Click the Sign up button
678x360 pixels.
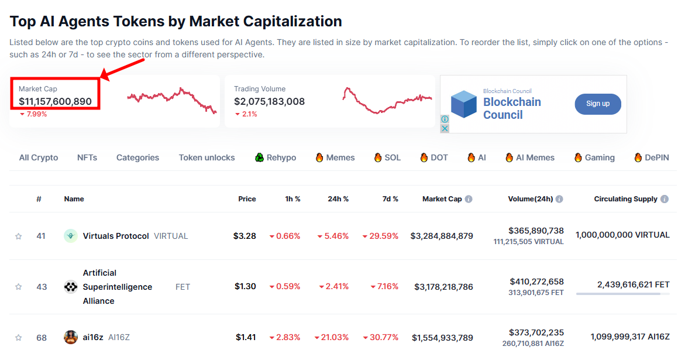(597, 104)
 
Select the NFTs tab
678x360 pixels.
(87, 157)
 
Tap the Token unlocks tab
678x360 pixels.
(207, 157)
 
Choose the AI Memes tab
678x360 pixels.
(535, 157)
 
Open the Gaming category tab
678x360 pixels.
(600, 157)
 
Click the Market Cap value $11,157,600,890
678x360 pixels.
(55, 101)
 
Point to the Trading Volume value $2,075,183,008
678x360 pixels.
(269, 101)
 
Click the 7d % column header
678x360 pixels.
(391, 199)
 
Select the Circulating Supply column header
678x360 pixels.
(625, 199)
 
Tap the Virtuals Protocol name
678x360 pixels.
(116, 236)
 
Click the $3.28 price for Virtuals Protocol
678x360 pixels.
(245, 236)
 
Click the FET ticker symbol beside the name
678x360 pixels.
(183, 287)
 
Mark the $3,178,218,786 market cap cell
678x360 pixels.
(443, 287)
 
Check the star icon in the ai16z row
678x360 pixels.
(18, 338)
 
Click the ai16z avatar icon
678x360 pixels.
(71, 337)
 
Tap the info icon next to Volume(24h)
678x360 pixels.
(559, 199)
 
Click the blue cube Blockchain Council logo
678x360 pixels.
(464, 104)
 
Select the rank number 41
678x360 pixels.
(41, 236)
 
